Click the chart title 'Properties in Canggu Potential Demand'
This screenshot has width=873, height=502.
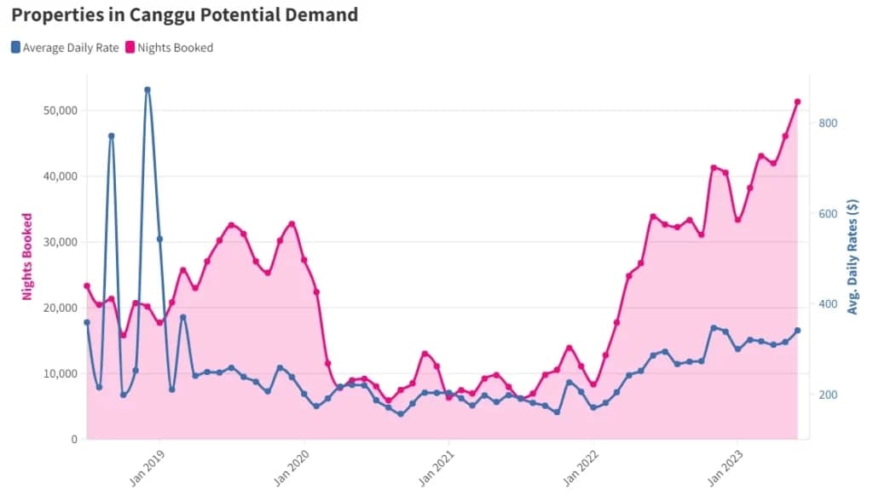point(185,14)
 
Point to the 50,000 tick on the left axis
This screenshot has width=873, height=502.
point(60,111)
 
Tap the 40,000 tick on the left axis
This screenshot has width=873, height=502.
point(60,176)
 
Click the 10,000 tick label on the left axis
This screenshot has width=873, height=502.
point(60,373)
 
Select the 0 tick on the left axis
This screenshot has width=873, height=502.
point(73,439)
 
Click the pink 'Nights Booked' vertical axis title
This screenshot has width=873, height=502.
point(27,257)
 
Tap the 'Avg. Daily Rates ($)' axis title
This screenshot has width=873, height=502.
point(853,257)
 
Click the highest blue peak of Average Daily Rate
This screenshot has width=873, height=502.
point(147,89)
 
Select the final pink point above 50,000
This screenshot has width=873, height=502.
point(797,101)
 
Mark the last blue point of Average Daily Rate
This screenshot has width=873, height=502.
point(797,331)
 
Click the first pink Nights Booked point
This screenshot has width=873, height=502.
point(87,286)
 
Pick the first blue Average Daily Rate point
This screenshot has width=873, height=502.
point(87,322)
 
